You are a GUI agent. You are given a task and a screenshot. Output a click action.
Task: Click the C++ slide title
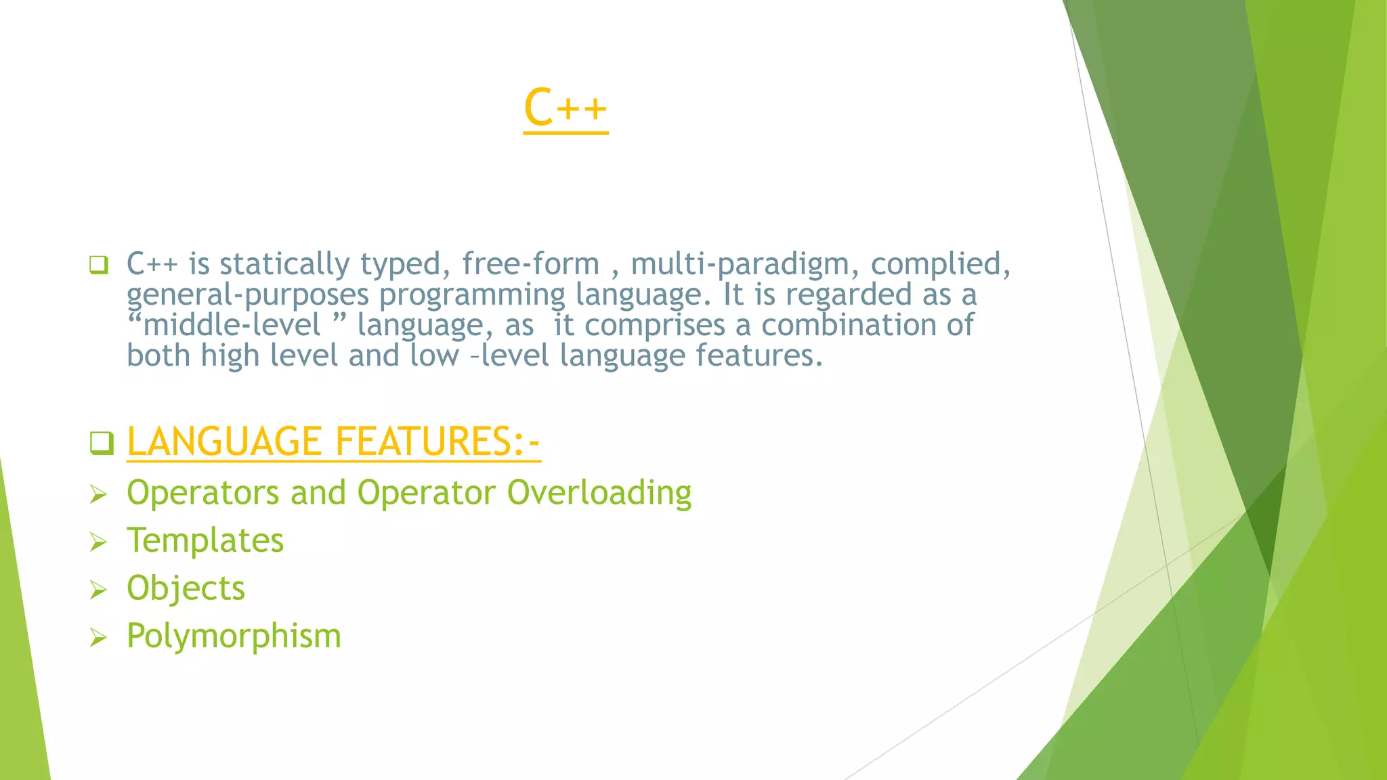(x=566, y=108)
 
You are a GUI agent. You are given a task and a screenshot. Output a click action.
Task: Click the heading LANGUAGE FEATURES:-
(x=333, y=441)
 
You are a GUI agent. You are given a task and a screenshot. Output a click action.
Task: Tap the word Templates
(x=205, y=540)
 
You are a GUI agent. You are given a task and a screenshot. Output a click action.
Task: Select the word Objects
(x=186, y=588)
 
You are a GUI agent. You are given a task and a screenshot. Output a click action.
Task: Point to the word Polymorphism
(x=234, y=636)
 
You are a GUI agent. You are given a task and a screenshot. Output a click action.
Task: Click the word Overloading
(x=599, y=492)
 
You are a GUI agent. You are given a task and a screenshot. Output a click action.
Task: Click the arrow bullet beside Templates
(x=99, y=542)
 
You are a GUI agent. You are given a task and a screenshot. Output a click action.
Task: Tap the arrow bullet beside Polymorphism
(x=99, y=638)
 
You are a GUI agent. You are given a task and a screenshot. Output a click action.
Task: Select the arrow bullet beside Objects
(x=99, y=590)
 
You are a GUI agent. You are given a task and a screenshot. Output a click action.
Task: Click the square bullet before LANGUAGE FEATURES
(x=102, y=443)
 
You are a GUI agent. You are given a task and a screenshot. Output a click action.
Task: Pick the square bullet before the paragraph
(x=99, y=265)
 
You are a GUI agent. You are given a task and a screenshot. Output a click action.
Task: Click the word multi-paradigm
(x=741, y=264)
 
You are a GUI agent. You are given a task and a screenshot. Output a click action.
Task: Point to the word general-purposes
(x=248, y=295)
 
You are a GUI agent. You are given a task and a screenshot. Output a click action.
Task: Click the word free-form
(x=531, y=264)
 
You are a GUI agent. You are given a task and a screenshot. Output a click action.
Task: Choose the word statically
(x=284, y=264)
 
